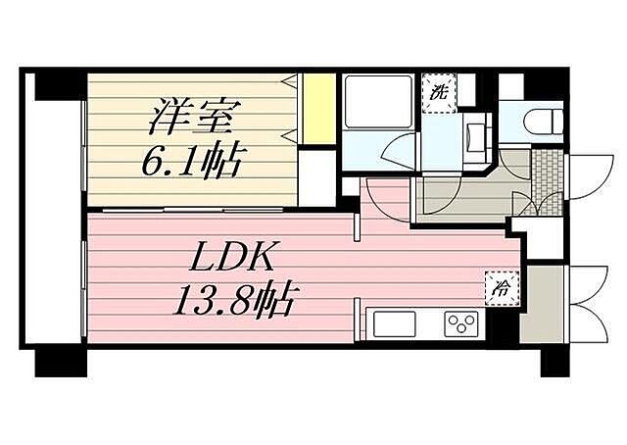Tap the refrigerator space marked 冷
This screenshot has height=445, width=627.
[x=501, y=288]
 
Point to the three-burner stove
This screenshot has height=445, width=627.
[x=461, y=322]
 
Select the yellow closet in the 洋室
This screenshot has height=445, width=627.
[x=317, y=109]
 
